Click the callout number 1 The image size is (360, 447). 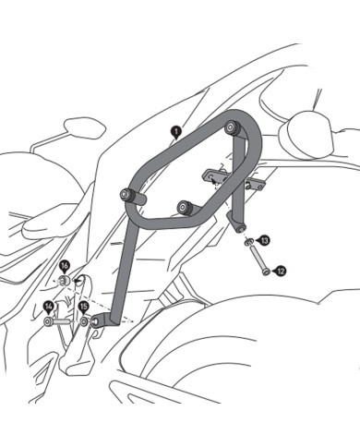[x=176, y=132]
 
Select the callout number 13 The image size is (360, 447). [x=265, y=240]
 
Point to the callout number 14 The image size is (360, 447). [x=48, y=306]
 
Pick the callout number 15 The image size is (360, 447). [x=83, y=306]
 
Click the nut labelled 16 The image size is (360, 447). [x=65, y=280]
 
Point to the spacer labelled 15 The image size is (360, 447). [x=85, y=322]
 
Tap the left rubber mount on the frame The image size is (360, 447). [x=126, y=196]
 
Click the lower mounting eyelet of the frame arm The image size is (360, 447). [x=102, y=320]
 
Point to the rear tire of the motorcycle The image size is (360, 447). [x=277, y=369]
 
